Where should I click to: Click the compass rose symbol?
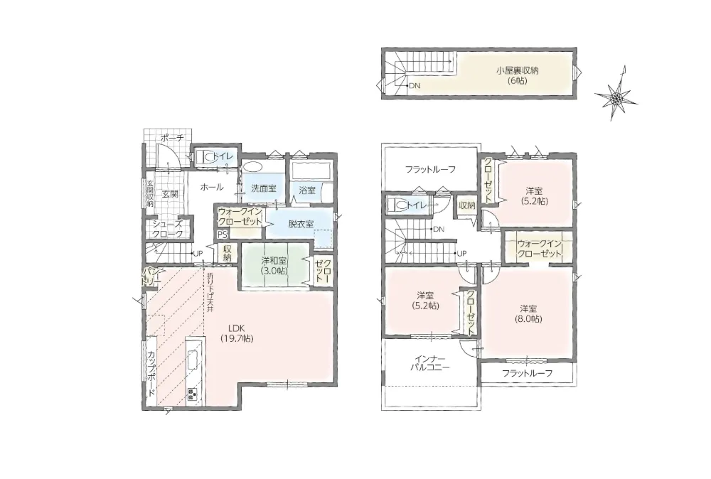click(615, 96)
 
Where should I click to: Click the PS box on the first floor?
click(222, 235)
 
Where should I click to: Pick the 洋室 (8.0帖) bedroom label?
click(528, 313)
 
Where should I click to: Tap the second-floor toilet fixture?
click(397, 205)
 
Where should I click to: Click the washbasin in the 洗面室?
click(251, 166)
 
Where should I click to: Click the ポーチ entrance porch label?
click(172, 138)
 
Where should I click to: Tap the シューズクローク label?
click(167, 229)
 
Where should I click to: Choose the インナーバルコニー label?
click(429, 362)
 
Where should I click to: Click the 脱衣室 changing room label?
click(301, 223)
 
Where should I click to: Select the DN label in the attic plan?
click(415, 85)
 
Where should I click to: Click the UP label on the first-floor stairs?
click(198, 254)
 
